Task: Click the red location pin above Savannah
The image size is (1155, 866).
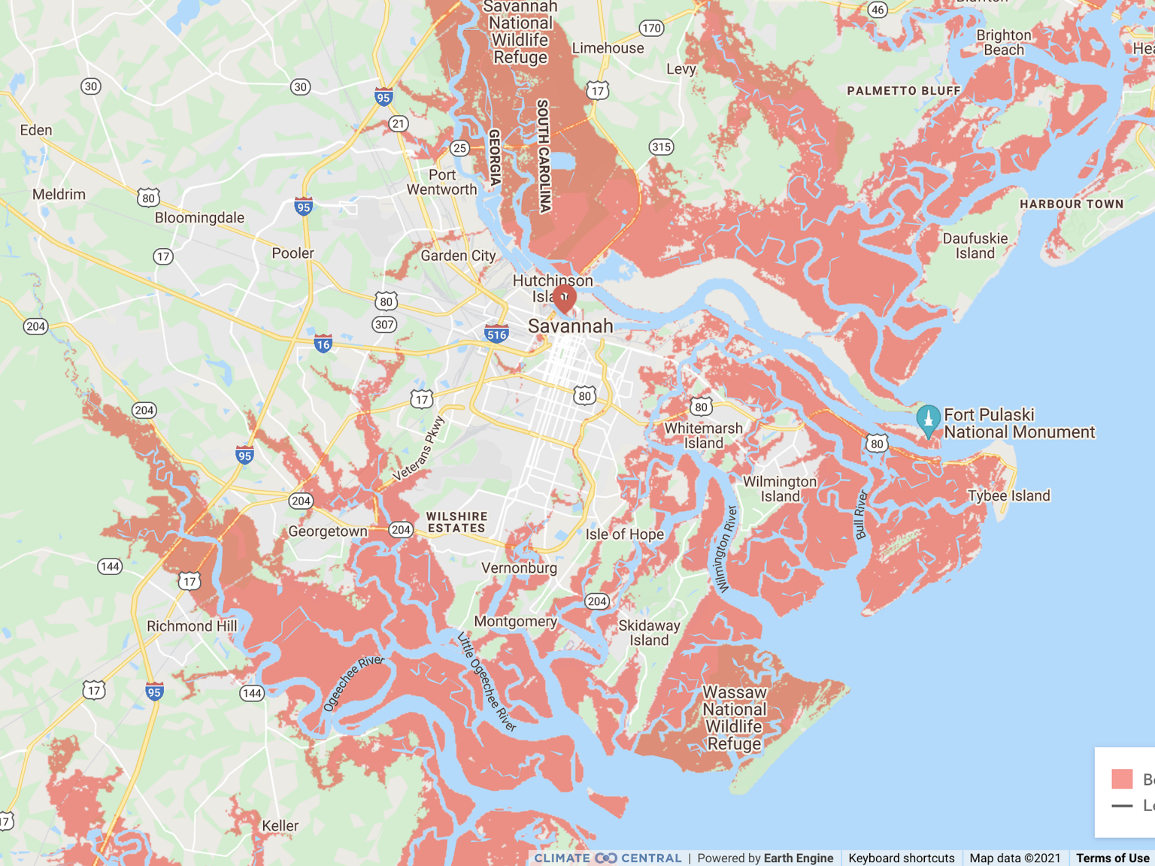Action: (564, 297)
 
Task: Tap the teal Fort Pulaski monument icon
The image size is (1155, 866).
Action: (929, 419)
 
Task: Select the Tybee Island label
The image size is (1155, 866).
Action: (1008, 495)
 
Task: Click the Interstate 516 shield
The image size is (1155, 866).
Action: (496, 334)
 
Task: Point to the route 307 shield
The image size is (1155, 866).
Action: (384, 325)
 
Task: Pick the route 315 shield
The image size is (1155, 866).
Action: (661, 147)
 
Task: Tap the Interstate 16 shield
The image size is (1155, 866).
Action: (323, 344)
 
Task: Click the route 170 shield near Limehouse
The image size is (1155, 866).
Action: (651, 29)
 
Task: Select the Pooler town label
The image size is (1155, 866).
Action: (293, 253)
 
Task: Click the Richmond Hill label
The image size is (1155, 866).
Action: (192, 626)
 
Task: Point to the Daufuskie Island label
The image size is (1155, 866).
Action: (975, 246)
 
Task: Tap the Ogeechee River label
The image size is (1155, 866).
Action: (353, 683)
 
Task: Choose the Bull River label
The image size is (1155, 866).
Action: (862, 514)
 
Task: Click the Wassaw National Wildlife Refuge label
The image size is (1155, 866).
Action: (735, 718)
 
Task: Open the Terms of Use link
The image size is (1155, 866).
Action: (1112, 858)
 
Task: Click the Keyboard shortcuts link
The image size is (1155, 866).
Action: (901, 858)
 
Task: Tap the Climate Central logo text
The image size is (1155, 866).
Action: (608, 858)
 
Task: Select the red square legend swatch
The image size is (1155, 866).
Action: (1122, 779)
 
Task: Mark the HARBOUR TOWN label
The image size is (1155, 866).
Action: (1072, 204)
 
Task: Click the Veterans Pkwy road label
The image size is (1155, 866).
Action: (420, 449)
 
